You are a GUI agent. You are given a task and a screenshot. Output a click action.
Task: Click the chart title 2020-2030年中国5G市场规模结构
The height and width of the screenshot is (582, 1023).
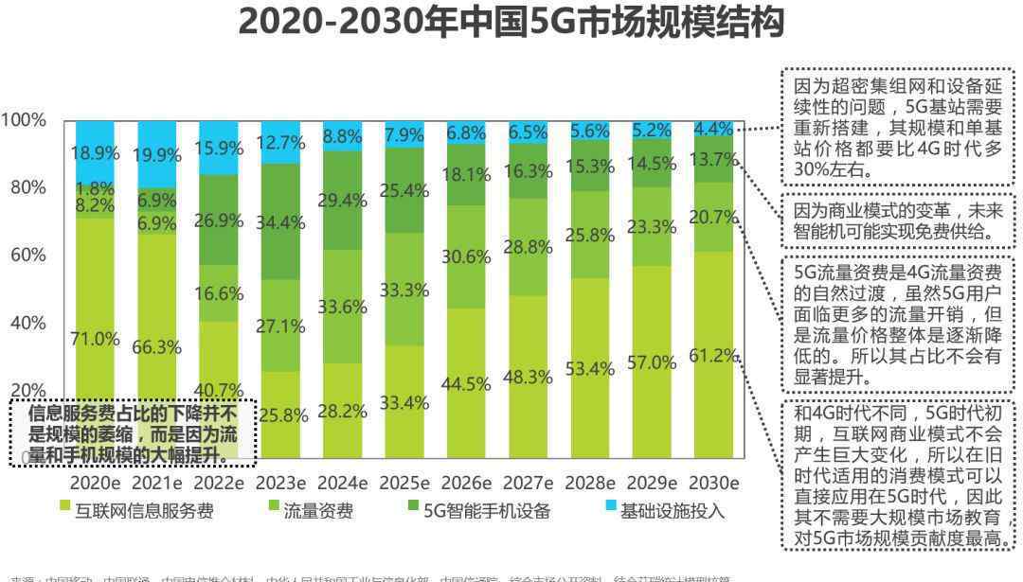pos(511,24)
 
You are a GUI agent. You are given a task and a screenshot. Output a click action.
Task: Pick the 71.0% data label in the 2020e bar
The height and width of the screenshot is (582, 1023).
pos(95,339)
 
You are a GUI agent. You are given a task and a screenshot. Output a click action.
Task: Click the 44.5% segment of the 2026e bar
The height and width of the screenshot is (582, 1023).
pos(465,383)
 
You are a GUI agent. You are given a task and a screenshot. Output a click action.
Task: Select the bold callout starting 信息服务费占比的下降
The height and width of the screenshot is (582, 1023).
pos(133,434)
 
